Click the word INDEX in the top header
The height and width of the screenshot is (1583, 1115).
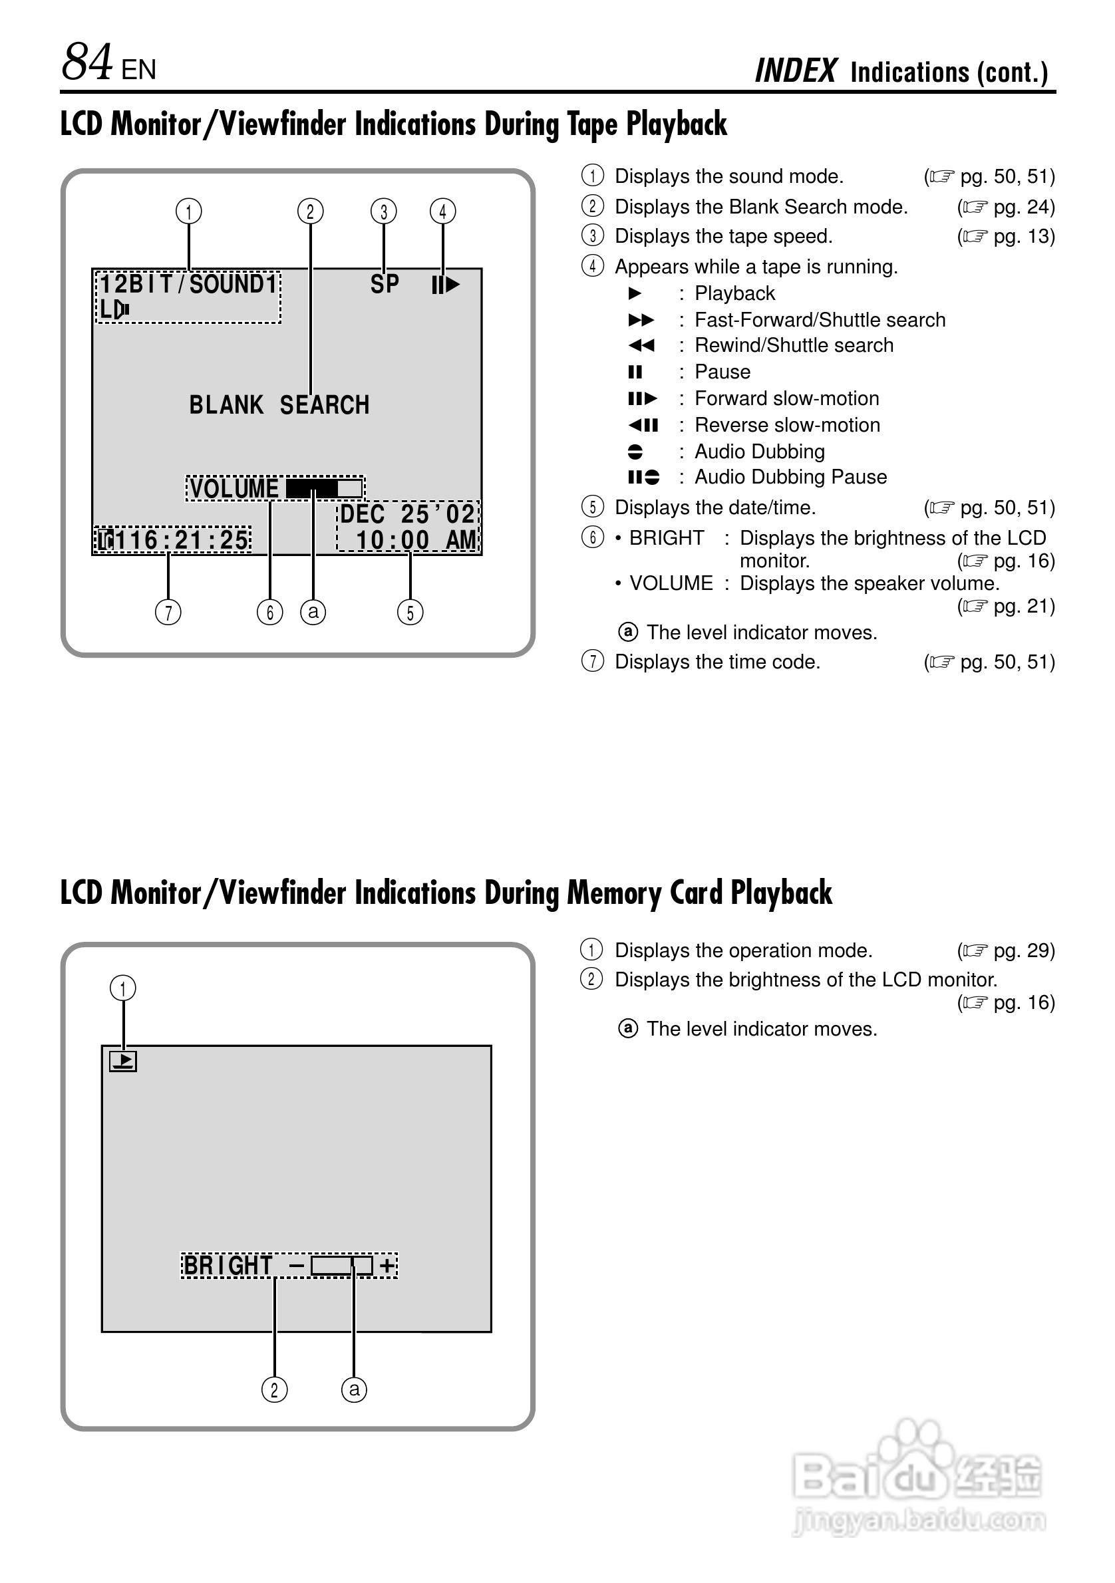(x=796, y=71)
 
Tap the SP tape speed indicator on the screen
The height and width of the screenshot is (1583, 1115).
(x=385, y=284)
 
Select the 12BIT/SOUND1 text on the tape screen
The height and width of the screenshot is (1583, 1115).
(x=188, y=284)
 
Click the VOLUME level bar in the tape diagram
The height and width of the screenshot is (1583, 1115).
(x=324, y=488)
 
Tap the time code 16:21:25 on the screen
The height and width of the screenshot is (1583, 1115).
(x=182, y=540)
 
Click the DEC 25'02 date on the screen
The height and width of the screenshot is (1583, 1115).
(x=408, y=514)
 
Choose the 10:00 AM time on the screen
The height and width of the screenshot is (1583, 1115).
(x=416, y=540)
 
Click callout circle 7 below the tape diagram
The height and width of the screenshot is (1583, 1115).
(x=168, y=612)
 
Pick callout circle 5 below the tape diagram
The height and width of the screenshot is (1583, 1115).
(x=410, y=612)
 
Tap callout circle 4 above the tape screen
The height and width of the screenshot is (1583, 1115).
(x=442, y=211)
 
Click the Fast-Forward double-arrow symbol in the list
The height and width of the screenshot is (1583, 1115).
(x=641, y=320)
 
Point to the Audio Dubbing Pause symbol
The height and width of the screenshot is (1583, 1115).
(x=643, y=477)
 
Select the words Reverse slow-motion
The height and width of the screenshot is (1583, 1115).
(x=787, y=425)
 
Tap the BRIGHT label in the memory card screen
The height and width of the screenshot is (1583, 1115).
(x=228, y=1265)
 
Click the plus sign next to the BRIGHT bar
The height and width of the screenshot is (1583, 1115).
(x=388, y=1265)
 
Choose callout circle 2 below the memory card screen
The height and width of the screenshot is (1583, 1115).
(x=275, y=1390)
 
